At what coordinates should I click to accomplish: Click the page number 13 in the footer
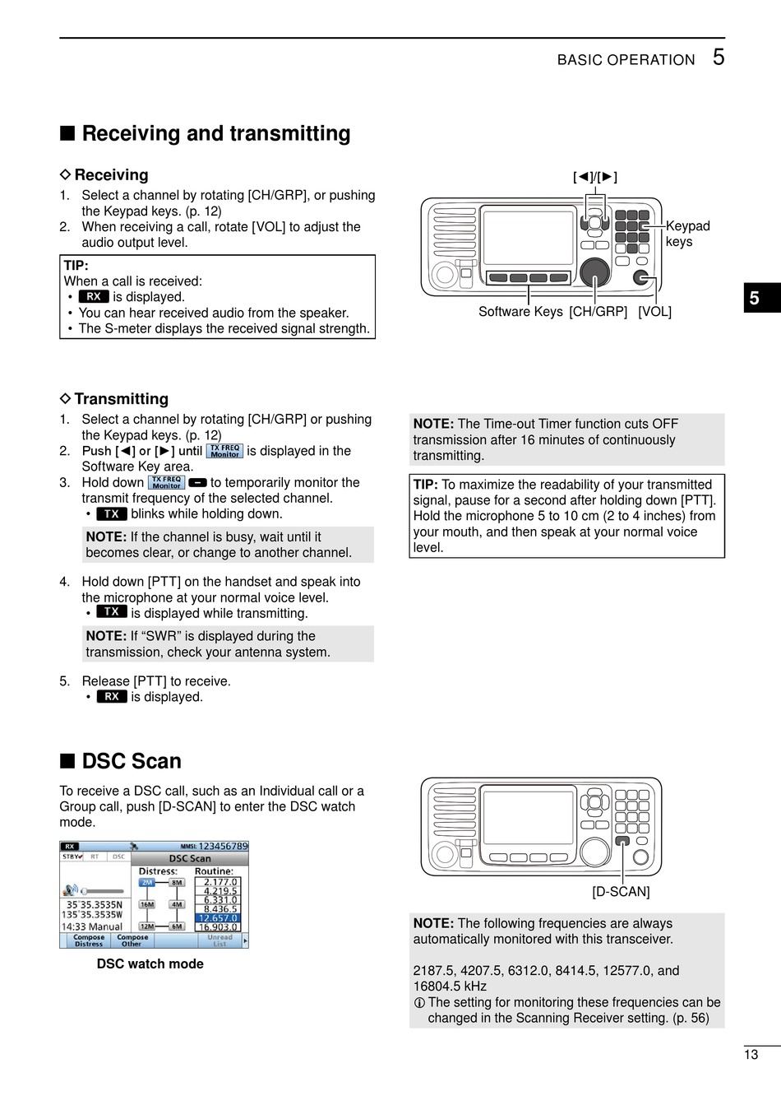(x=751, y=1055)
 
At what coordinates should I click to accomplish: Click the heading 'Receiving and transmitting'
(x=215, y=133)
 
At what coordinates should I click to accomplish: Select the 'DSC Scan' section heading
(x=131, y=761)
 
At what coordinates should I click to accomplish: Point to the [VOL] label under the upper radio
(x=654, y=312)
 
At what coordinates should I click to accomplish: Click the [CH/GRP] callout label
(x=598, y=312)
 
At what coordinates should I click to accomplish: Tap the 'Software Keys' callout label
(x=520, y=312)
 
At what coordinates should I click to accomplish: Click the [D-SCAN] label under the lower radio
(x=621, y=892)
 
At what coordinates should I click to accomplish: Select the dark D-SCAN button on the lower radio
(x=622, y=842)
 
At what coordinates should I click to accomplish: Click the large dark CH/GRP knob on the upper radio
(x=594, y=272)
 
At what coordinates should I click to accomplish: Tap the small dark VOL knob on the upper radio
(x=641, y=277)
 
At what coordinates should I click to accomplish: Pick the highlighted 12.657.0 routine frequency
(x=218, y=918)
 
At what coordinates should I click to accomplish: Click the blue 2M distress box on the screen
(x=147, y=883)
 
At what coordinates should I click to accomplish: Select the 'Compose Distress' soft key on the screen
(x=89, y=940)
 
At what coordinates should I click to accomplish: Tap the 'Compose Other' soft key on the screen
(x=132, y=940)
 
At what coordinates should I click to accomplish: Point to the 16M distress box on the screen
(x=147, y=904)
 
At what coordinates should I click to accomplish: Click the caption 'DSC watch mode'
(x=150, y=964)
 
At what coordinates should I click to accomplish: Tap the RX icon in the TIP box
(x=95, y=297)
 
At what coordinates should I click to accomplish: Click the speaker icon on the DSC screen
(x=72, y=889)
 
